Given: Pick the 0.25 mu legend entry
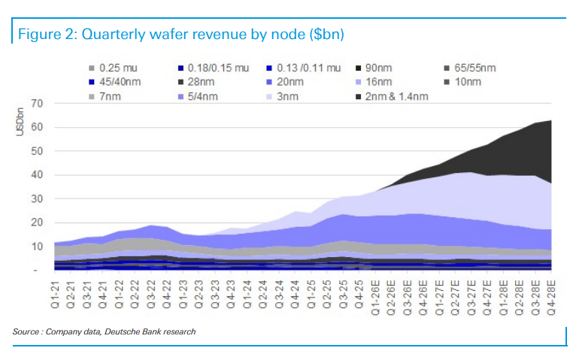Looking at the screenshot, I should tap(112, 68).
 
